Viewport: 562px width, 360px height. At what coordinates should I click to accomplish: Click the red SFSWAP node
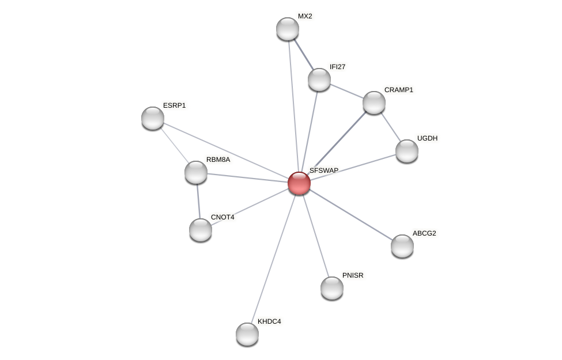299,183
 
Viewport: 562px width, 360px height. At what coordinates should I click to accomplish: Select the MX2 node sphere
288,29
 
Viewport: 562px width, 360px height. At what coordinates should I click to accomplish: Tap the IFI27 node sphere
319,79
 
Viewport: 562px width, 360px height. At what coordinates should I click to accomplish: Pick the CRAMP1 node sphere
374,103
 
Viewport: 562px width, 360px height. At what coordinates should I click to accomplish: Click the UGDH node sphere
407,151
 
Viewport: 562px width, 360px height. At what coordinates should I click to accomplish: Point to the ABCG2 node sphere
402,246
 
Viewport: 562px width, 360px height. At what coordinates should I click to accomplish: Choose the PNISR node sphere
332,288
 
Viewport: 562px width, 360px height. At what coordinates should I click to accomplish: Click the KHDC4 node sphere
247,334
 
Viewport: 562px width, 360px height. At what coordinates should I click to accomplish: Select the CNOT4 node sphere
201,230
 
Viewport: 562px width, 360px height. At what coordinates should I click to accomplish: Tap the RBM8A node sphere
196,172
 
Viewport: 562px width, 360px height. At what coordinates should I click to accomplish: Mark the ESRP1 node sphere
153,118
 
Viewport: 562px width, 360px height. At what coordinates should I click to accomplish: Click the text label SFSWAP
324,170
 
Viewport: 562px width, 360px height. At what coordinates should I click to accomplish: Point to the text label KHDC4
269,321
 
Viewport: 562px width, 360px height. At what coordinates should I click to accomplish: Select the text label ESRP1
174,105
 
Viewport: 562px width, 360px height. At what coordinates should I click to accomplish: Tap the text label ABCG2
424,233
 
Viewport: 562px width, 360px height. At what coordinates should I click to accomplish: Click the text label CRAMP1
398,90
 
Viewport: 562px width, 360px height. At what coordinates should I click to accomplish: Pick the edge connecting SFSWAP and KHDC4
273,259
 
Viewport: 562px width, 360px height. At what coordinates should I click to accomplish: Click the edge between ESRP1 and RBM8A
174,145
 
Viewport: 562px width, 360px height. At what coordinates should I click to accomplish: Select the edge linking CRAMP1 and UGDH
391,127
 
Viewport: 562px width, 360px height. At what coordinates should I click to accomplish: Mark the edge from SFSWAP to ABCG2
350,214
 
